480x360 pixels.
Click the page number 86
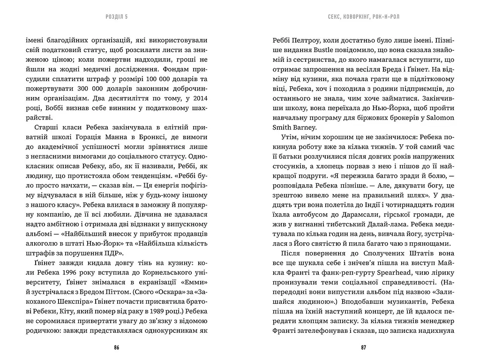pos(117,347)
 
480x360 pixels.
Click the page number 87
pos(363,347)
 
